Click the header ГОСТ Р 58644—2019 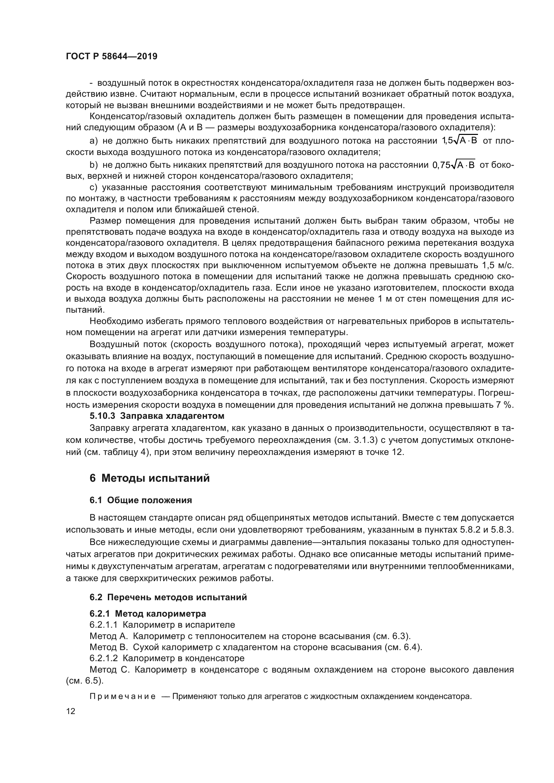point(112,57)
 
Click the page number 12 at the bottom point(71,711)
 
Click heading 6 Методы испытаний point(149,478)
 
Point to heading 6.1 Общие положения point(141,500)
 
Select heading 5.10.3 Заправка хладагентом point(157,416)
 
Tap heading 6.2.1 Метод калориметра point(148,614)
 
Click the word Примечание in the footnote point(123,696)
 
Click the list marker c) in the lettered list point(93,187)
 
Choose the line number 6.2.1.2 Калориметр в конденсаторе point(167,658)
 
